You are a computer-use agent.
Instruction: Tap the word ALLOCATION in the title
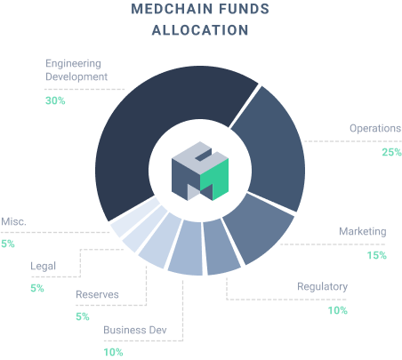200,30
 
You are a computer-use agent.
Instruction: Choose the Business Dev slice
187,249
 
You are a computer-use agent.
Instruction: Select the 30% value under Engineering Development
55,100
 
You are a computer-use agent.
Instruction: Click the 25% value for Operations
391,152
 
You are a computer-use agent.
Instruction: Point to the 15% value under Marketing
377,255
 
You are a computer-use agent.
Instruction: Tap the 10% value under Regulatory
338,310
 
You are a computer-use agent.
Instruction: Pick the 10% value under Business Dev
113,352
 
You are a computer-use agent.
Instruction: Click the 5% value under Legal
37,288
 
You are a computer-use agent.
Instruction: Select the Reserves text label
97,294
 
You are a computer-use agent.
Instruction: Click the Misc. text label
13,221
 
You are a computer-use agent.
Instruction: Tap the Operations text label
375,129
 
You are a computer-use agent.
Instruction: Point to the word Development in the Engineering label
76,77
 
